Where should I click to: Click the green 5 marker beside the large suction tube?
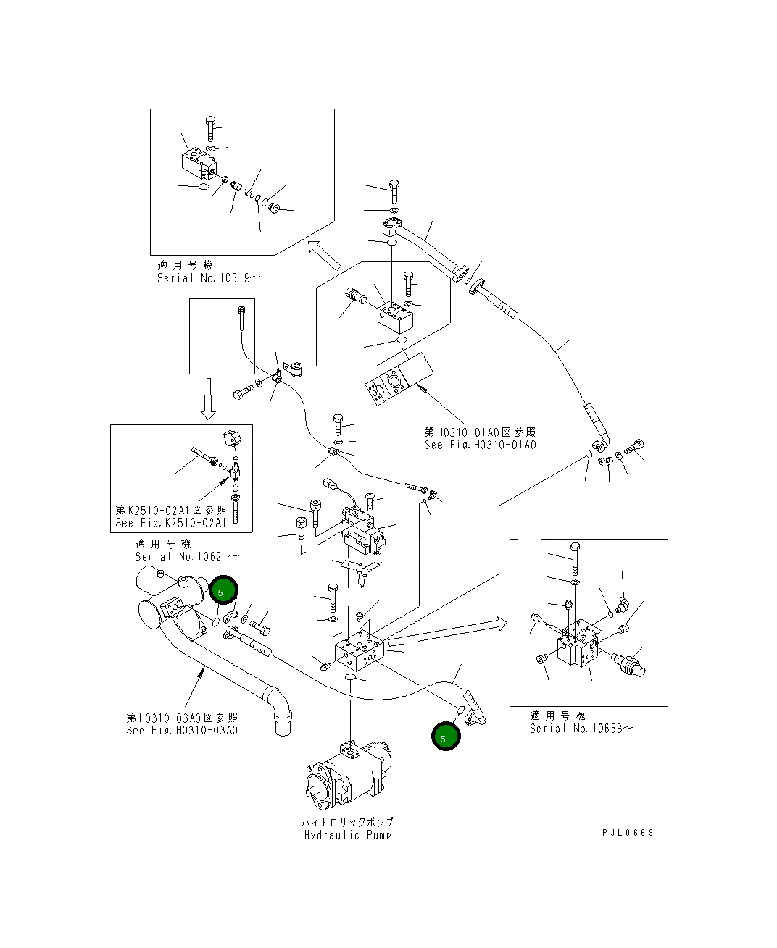pos(223,591)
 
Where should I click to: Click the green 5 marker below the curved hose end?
pos(445,737)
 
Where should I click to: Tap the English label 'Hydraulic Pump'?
pos(347,835)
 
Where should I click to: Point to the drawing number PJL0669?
pos(628,833)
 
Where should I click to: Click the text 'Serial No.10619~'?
pos(205,278)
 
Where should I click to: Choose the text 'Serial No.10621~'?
pos(186,556)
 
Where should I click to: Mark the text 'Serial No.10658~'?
pos(581,729)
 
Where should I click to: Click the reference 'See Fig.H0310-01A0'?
pos(480,445)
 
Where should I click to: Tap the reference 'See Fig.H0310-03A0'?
pos(181,730)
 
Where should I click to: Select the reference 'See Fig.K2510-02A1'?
pos(171,522)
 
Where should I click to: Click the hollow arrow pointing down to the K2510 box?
pos(208,398)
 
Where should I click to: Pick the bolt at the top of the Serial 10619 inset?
pos(210,127)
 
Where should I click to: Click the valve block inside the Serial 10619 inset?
pos(197,164)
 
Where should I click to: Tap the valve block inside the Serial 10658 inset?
pos(579,642)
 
